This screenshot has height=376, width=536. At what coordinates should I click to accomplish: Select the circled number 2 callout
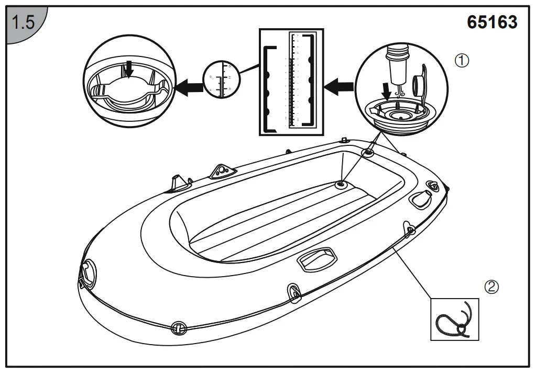[491, 286]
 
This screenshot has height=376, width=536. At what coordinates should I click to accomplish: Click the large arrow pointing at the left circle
[189, 88]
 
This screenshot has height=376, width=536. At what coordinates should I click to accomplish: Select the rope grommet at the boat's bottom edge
[178, 327]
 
